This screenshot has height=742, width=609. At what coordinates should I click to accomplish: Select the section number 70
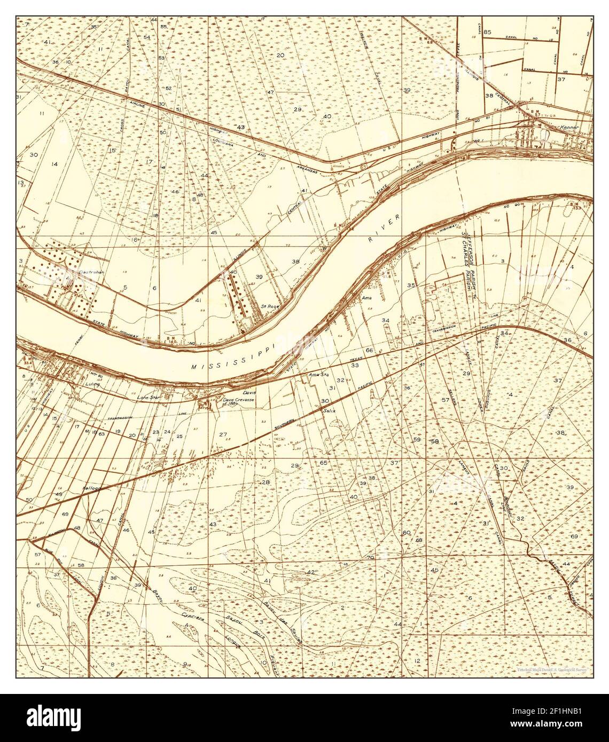(x=370, y=557)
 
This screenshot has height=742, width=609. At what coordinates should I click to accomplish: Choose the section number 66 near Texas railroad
(x=369, y=350)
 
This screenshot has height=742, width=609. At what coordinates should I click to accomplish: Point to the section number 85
(x=487, y=32)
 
